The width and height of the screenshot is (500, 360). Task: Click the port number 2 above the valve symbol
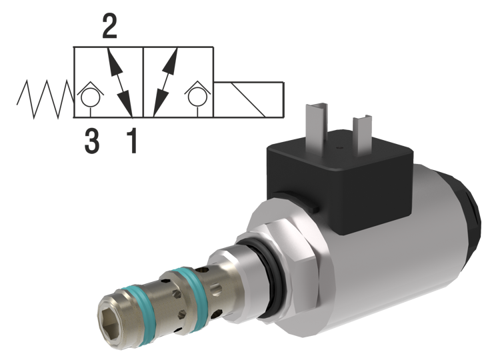(x=106, y=26)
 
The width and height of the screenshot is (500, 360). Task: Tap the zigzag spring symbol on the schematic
(x=40, y=97)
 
